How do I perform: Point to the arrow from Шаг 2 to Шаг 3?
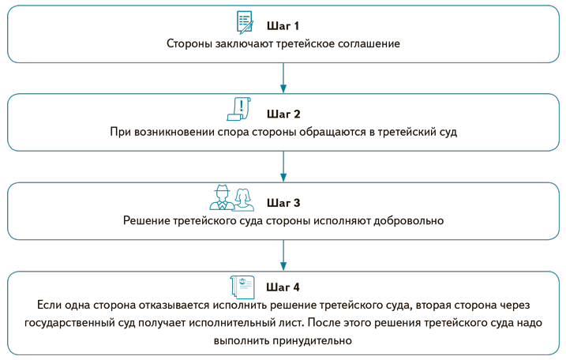pyautogui.click(x=283, y=167)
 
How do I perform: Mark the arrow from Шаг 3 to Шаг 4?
pyautogui.click(x=283, y=256)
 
